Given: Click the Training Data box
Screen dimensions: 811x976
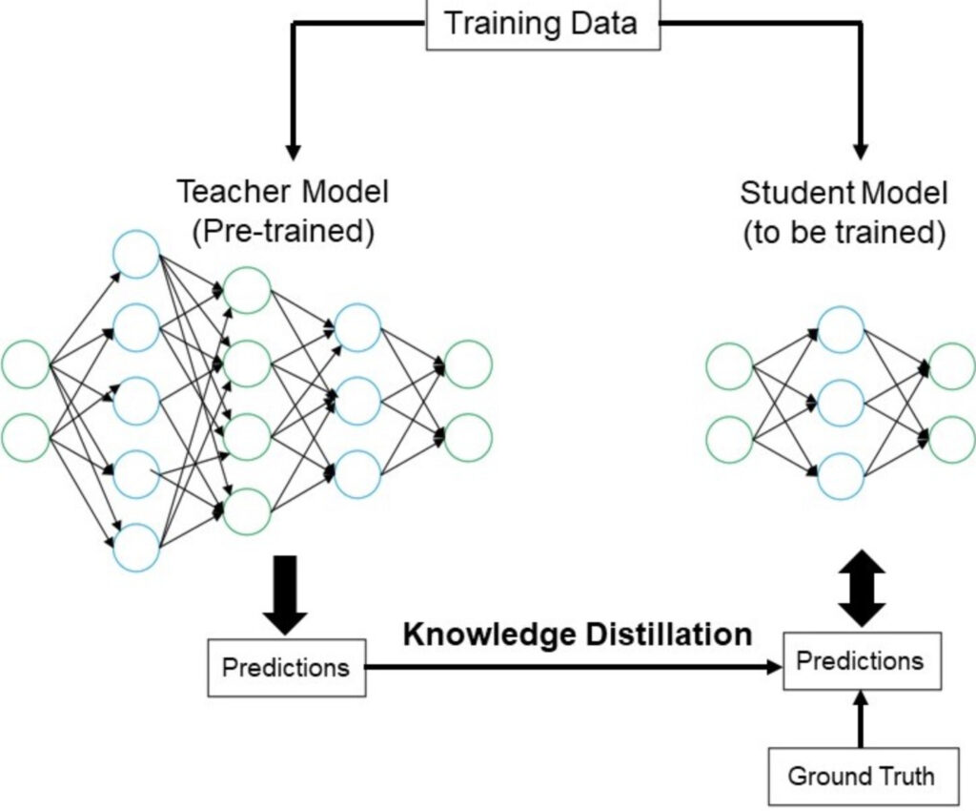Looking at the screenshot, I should (x=542, y=23).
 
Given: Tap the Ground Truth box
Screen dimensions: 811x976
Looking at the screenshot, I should (x=861, y=776).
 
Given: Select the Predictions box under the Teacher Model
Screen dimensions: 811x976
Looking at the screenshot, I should (x=286, y=667).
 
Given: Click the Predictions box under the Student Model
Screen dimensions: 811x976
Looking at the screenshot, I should (x=860, y=661).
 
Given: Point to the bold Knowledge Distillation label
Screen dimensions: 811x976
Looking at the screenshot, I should (x=578, y=634).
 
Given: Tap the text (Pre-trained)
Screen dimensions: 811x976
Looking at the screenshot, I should (x=282, y=233).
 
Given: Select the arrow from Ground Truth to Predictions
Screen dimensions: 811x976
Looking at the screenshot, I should (x=861, y=719).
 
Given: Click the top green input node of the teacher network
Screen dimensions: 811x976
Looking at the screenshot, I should (x=26, y=364).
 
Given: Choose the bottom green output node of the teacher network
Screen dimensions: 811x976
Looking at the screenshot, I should (x=468, y=436).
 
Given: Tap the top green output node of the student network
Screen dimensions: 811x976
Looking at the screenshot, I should (x=951, y=366).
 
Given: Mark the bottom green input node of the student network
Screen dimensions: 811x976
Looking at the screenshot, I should (x=730, y=439).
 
